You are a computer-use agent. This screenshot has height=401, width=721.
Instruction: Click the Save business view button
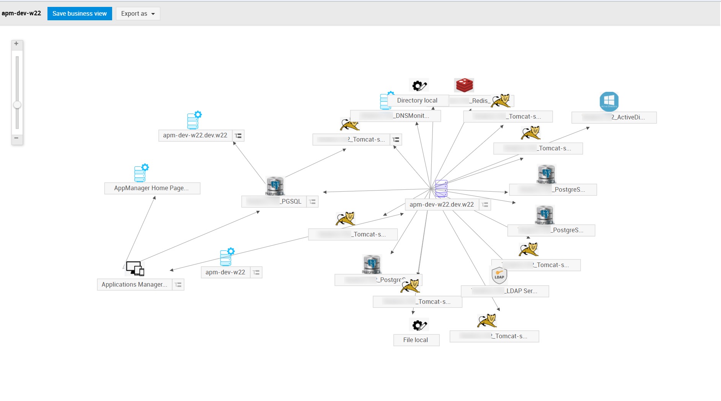click(80, 14)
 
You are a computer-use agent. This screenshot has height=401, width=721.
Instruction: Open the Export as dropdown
click(138, 14)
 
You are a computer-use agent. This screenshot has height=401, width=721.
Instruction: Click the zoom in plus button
click(16, 44)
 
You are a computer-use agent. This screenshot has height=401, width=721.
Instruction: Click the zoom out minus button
click(16, 138)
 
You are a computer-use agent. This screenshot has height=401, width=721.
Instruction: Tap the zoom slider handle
click(17, 105)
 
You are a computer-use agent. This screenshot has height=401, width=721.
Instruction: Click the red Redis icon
click(464, 85)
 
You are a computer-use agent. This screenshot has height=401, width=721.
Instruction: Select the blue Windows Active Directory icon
click(609, 101)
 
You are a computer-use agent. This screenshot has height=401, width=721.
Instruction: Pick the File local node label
click(416, 340)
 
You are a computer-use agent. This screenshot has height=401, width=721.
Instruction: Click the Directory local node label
click(417, 101)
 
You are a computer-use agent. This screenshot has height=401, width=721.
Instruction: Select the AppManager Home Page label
click(152, 188)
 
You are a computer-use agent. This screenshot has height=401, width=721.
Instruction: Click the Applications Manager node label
click(134, 285)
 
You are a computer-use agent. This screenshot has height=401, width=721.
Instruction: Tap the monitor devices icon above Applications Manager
click(135, 268)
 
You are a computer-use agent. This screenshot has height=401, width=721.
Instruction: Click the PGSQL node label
click(274, 202)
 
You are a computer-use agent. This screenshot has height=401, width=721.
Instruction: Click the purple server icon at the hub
click(441, 188)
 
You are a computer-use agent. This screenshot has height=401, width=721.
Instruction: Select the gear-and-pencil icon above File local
click(419, 325)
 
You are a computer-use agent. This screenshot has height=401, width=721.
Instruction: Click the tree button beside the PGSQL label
click(312, 202)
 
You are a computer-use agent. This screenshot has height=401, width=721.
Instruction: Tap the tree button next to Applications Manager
click(178, 285)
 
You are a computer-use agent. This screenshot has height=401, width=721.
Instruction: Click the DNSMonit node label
click(395, 116)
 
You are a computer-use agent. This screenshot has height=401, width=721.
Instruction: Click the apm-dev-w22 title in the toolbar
click(21, 13)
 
